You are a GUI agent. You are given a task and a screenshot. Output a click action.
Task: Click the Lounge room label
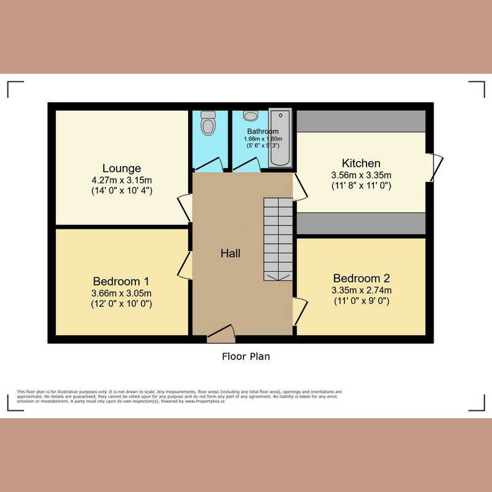122,168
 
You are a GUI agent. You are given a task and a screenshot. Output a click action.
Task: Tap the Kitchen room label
361,163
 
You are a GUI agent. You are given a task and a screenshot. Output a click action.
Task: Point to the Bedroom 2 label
361,278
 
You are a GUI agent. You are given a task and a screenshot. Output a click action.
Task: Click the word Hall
231,253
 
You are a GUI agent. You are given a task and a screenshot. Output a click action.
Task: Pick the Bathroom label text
263,132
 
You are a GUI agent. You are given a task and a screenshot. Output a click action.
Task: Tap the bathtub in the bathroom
280,138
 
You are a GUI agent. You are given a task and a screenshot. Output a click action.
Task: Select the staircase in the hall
278,239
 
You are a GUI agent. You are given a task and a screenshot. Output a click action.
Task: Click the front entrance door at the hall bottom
221,334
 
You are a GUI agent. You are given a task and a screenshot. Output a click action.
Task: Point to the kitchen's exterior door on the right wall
435,167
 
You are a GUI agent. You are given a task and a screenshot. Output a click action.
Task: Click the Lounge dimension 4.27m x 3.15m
121,180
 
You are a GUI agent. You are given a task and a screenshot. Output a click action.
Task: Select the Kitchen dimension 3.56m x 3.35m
361,175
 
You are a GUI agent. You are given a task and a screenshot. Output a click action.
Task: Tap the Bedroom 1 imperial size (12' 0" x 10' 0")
121,303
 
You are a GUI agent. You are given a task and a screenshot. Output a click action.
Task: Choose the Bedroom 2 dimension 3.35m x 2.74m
361,290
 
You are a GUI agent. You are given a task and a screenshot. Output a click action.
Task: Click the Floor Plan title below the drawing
246,356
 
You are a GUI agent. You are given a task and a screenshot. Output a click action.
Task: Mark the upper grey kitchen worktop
361,121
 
